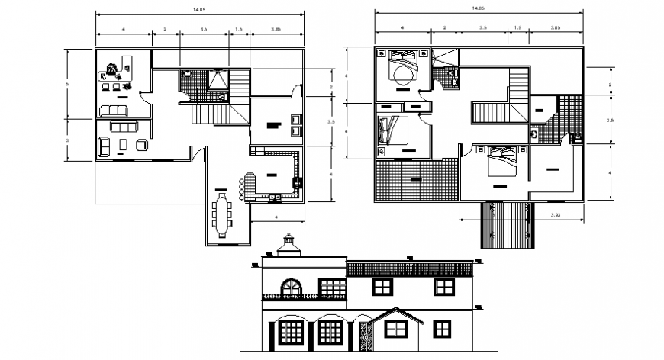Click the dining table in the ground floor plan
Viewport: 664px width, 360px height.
223,214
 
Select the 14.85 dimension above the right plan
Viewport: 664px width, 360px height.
478,8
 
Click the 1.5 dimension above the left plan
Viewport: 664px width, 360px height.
238,29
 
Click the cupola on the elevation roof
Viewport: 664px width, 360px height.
288,246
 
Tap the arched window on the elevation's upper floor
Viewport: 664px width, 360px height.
292,288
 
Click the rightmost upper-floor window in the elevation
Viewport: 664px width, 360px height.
443,286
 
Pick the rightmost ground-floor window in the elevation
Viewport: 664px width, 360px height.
443,329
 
